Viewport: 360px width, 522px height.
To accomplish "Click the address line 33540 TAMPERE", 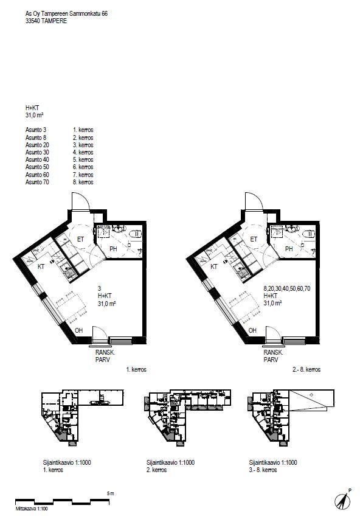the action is click(x=46, y=21).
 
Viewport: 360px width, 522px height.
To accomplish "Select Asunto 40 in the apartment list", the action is click(x=37, y=160).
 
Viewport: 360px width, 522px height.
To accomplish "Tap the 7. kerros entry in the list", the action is click(x=83, y=175).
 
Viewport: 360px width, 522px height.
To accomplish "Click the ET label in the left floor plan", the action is click(x=80, y=239).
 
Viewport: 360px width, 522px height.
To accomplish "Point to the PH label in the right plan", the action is click(x=289, y=249).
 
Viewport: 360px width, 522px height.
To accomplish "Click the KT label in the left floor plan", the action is click(x=41, y=266).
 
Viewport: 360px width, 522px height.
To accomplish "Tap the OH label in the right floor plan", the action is click(x=252, y=330).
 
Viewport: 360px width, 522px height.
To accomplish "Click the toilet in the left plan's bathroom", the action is click(x=136, y=234).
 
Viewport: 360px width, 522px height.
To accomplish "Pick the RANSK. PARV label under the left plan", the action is click(x=105, y=356).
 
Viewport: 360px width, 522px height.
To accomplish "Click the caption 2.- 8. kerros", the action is click(x=306, y=369).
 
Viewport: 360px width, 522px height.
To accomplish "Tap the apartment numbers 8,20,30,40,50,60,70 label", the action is click(x=287, y=288).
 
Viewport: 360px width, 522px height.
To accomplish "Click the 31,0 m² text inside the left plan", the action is click(x=106, y=303).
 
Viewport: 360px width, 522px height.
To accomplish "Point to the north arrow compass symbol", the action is click(x=342, y=499).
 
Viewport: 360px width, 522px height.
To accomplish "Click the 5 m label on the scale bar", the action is click(x=111, y=493).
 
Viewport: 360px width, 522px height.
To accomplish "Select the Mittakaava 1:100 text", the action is click(x=32, y=509).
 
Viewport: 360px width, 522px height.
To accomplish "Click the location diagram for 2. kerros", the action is click(x=187, y=417).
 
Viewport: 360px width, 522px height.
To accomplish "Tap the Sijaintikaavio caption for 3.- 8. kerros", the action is click(x=273, y=466).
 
